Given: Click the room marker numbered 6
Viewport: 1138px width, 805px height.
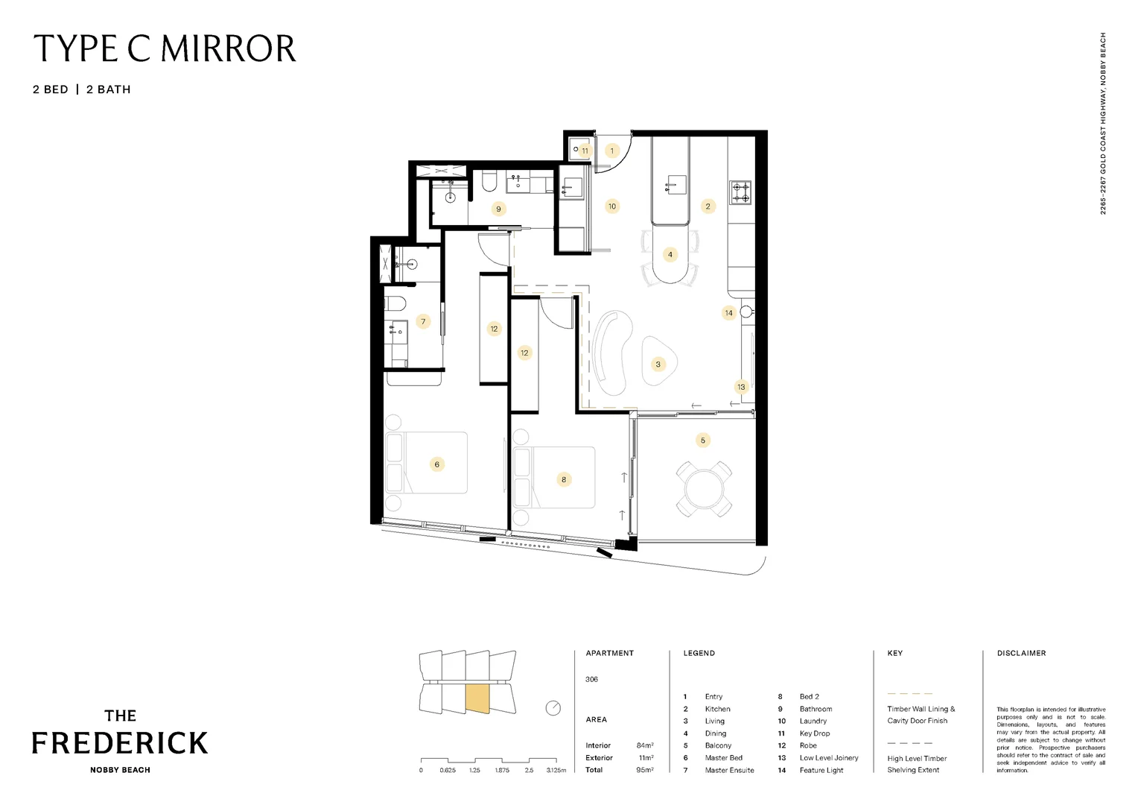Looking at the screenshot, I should pyautogui.click(x=437, y=464).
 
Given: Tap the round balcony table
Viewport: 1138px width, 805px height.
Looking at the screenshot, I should pyautogui.click(x=703, y=489).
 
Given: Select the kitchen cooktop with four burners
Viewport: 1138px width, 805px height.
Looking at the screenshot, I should pyautogui.click(x=740, y=192).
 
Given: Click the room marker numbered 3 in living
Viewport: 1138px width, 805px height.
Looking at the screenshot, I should pyautogui.click(x=658, y=364).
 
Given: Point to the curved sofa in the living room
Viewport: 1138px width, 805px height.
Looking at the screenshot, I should pyautogui.click(x=612, y=352).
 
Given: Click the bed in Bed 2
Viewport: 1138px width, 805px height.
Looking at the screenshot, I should pyautogui.click(x=555, y=478).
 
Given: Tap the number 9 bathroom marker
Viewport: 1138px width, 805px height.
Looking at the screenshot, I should pyautogui.click(x=498, y=209).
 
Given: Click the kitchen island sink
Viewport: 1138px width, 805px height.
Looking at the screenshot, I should pyautogui.click(x=676, y=184).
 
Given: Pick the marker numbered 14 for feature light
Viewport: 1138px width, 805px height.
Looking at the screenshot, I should pyautogui.click(x=728, y=313).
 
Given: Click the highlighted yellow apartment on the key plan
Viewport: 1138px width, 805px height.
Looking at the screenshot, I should pyautogui.click(x=477, y=698).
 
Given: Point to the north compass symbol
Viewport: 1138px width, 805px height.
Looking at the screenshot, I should pyautogui.click(x=553, y=708).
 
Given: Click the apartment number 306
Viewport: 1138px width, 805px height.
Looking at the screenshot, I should pyautogui.click(x=591, y=680).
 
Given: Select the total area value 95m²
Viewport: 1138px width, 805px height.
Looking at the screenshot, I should pyautogui.click(x=645, y=770).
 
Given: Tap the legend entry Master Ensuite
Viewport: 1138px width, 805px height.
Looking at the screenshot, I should pyautogui.click(x=729, y=770).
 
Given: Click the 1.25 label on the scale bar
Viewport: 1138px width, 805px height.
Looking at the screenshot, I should pyautogui.click(x=474, y=771).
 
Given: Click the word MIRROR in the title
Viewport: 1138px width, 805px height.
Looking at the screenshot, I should pyautogui.click(x=229, y=49).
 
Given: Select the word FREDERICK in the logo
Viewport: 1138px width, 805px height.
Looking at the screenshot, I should pyautogui.click(x=120, y=743).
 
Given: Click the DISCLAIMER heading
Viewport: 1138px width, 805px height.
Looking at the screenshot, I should pyautogui.click(x=1021, y=653).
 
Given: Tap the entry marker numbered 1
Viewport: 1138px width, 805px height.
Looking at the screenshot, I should pyautogui.click(x=612, y=151).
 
